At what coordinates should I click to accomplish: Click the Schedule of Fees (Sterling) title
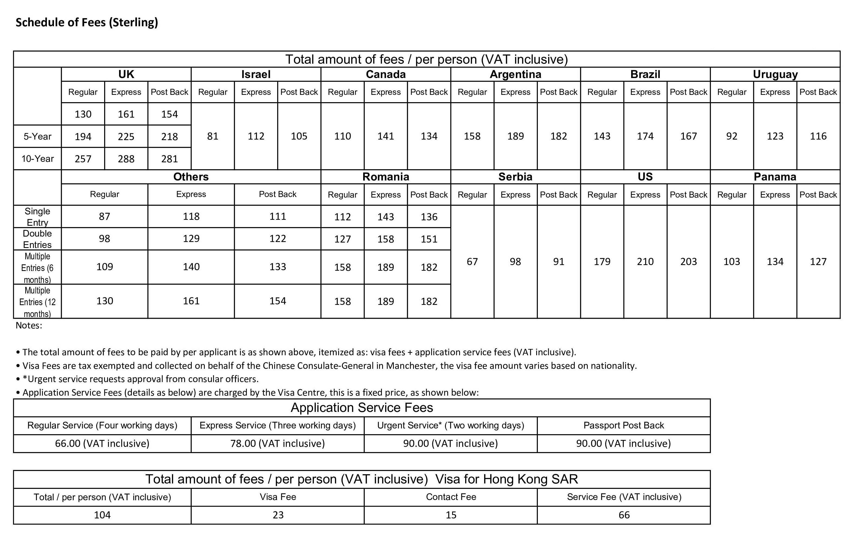point(87,22)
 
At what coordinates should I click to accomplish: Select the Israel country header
point(256,74)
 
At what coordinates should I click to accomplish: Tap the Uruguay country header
point(775,74)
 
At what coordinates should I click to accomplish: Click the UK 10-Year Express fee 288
point(126,159)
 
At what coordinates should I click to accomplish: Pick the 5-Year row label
point(37,136)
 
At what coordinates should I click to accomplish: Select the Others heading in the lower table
point(191,177)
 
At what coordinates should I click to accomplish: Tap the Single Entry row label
point(37,217)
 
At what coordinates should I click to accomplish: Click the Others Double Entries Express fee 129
point(191,238)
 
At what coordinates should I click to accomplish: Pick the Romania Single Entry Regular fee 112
point(343,217)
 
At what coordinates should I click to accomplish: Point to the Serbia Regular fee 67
point(472,262)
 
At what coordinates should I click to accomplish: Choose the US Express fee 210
point(645,262)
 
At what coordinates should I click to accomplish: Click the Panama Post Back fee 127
point(818,262)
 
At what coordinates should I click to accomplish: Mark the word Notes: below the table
point(29,325)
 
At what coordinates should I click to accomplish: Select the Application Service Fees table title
point(362,408)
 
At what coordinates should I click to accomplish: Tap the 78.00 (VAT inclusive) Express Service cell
point(277,443)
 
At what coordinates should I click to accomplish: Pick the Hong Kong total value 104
point(102,515)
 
